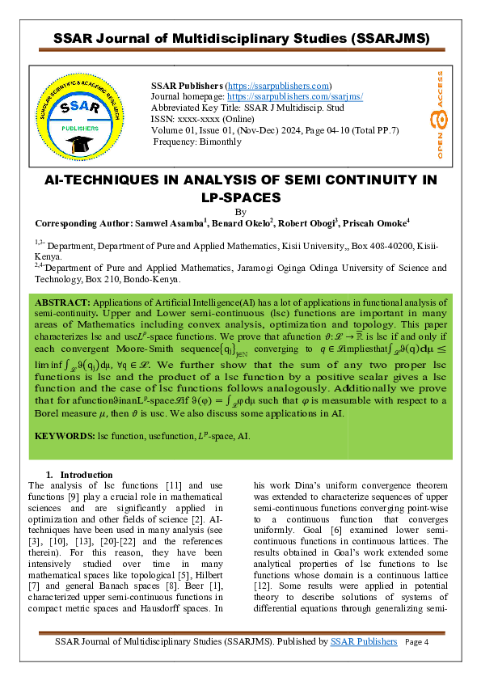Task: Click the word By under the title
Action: point(240,211)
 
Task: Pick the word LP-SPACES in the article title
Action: point(240,197)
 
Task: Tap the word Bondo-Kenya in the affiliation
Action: point(154,280)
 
